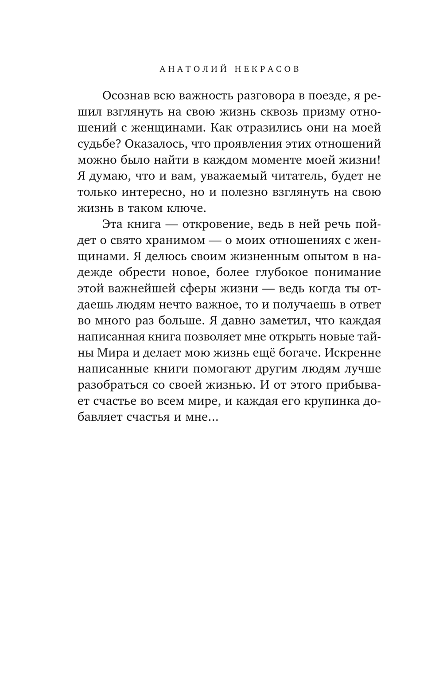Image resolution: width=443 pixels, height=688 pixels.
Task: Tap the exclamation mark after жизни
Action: click(x=379, y=160)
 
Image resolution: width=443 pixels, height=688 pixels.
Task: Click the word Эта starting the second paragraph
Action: click(x=112, y=225)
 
